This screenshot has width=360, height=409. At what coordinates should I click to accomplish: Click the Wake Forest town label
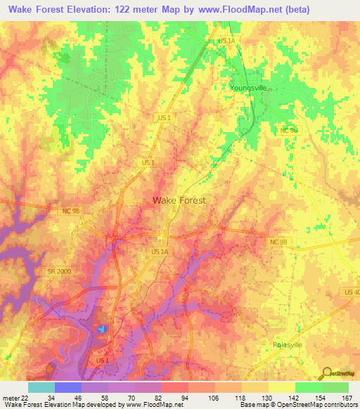pyautogui.click(x=179, y=200)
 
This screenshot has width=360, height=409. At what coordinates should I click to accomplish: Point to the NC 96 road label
pyautogui.click(x=288, y=131)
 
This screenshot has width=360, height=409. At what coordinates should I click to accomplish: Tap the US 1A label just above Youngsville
pyautogui.click(x=227, y=41)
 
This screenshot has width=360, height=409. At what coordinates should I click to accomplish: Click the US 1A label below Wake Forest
pyautogui.click(x=160, y=250)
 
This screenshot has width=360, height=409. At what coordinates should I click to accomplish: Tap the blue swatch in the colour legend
pyautogui.click(x=68, y=387)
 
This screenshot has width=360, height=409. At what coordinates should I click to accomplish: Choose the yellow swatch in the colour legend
pyautogui.click(x=281, y=387)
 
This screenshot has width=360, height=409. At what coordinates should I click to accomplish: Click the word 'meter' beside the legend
pyautogui.click(x=8, y=397)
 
